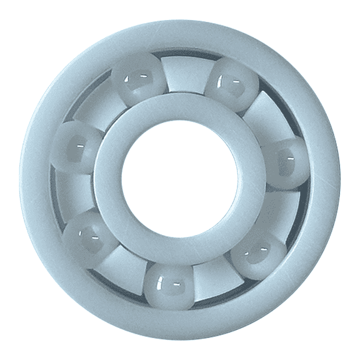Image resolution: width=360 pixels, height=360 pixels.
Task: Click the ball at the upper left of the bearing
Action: pos(138,79)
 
